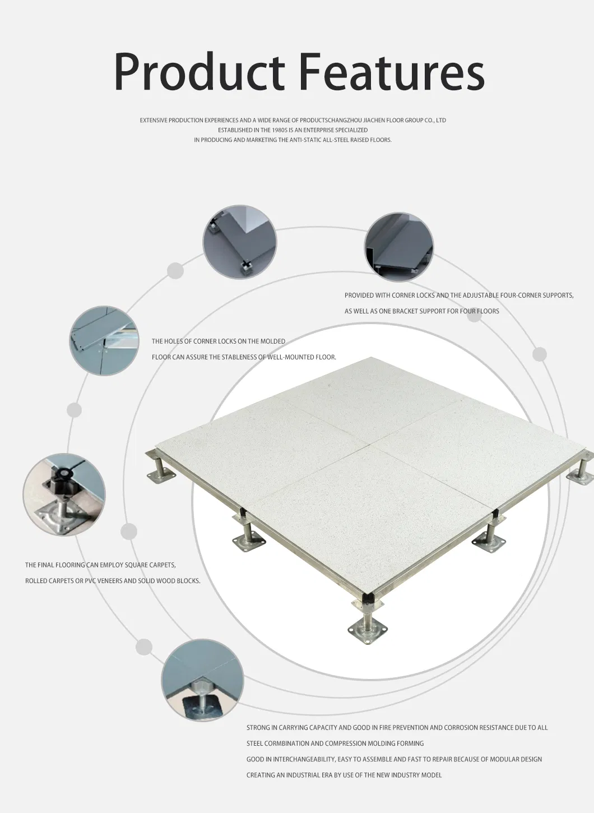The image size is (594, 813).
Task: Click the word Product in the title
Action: pyautogui.click(x=199, y=71)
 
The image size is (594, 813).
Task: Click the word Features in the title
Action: pyautogui.click(x=392, y=71)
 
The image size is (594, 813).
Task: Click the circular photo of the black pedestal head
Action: pyautogui.click(x=64, y=495)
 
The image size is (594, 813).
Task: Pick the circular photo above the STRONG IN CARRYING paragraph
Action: pyautogui.click(x=202, y=680)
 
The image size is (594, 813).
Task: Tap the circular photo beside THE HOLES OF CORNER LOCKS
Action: pyautogui.click(x=104, y=340)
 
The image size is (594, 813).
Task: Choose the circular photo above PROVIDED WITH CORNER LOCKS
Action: pyautogui.click(x=399, y=247)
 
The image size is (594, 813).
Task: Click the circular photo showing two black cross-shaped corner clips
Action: pyautogui.click(x=240, y=242)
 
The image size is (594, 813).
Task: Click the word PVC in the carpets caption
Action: pyautogui.click(x=90, y=581)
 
